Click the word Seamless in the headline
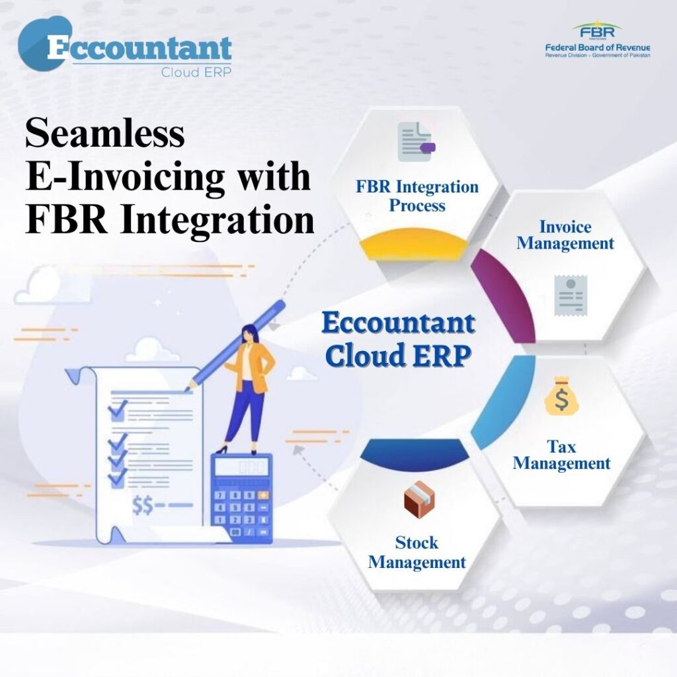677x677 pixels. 105,132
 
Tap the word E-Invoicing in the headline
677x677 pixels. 125,177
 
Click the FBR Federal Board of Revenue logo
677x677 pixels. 598,40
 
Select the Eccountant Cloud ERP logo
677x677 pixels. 125,48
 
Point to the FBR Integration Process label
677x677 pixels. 417,196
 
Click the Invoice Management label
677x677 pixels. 565,235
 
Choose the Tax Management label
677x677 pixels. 561,455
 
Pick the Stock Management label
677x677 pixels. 417,552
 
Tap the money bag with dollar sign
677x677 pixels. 561,397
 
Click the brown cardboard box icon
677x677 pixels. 419,500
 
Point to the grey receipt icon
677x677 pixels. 571,296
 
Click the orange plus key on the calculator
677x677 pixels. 262,495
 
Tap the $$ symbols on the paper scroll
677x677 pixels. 143,506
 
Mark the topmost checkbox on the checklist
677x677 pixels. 117,411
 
